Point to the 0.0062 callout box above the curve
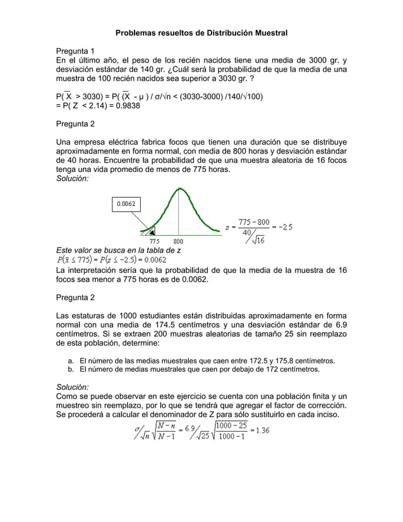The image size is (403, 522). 128,204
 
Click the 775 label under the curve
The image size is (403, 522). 154,241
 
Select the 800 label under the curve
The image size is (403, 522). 179,241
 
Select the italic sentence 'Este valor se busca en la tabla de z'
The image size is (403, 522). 119,250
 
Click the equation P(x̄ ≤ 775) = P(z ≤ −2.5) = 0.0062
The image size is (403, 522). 111,259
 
